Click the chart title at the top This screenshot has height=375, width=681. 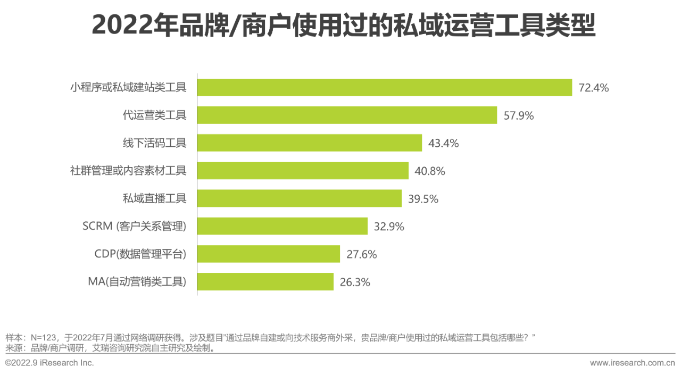pos(343,26)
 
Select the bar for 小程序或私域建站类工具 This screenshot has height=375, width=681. pos(384,87)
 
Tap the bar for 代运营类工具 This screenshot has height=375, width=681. pos(347,115)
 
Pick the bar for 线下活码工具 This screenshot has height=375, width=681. pos(309,143)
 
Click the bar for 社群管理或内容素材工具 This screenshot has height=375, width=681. pos(303,171)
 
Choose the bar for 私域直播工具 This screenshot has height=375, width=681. pos(299,198)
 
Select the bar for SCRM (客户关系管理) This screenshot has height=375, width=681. pos(282,226)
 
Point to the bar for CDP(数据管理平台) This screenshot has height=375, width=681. pos(268,254)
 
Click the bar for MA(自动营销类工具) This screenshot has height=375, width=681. pos(265,282)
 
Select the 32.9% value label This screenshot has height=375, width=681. pos(389,227)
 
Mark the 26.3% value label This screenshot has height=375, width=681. pos(354,282)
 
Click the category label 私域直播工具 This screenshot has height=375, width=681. pos(154,198)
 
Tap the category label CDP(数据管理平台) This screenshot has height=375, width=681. pos(140,254)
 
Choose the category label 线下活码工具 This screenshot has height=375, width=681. pos(154,143)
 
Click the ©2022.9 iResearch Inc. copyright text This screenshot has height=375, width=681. pos(49,363)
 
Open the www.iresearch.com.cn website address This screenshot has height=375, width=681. pos(632,363)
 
